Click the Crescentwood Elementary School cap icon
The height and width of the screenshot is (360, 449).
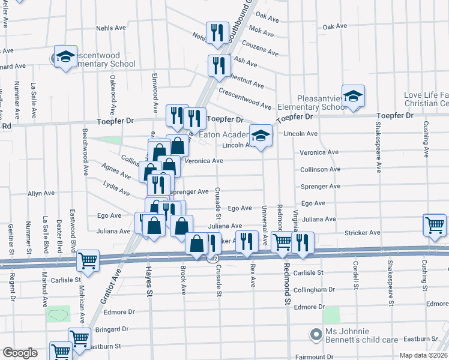(64, 56)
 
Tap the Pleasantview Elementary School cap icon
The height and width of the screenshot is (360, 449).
(354, 95)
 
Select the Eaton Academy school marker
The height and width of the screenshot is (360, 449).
(261, 136)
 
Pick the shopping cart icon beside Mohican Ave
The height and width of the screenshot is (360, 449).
(88, 260)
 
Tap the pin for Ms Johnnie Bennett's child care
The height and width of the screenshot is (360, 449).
(314, 334)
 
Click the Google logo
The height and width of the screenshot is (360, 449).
(20, 353)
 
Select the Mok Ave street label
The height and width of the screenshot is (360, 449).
(262, 29)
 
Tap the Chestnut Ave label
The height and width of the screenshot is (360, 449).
(243, 80)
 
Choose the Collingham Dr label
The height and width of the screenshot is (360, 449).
(314, 289)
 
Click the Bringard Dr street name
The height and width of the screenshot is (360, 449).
(112, 329)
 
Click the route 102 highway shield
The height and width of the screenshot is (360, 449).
(212, 259)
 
